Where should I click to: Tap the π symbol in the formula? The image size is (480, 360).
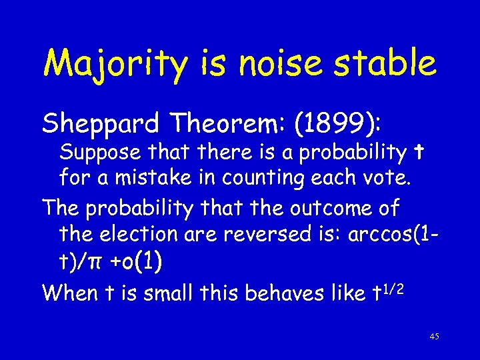93,262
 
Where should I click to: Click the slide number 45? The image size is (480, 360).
434,337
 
